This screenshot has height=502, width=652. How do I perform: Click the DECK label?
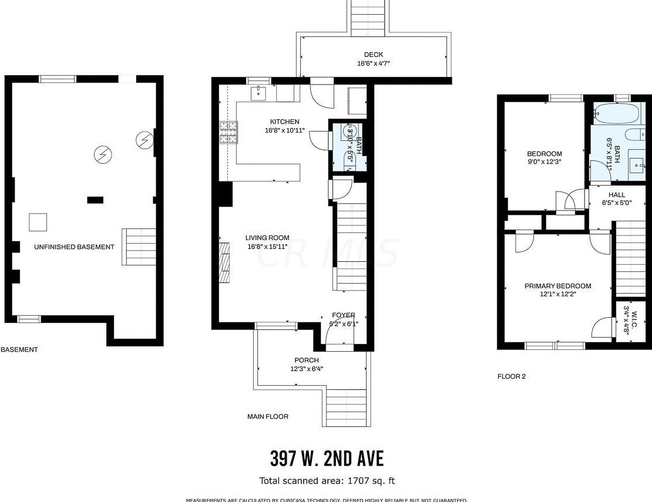(x=374, y=55)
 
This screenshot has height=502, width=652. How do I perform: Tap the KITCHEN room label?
(x=284, y=122)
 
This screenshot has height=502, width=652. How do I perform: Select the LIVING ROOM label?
(x=267, y=238)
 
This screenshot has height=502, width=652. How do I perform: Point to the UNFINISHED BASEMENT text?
(x=74, y=247)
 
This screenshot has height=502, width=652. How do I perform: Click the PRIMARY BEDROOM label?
(x=557, y=286)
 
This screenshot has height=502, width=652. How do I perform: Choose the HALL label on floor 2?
(x=617, y=194)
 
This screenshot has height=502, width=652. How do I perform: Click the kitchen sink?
(x=259, y=92)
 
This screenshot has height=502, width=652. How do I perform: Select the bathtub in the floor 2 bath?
(x=611, y=112)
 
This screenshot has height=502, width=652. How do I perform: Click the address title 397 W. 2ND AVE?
(x=327, y=458)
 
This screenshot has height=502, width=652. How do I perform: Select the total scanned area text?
(x=327, y=481)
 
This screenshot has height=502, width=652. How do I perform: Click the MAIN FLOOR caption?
(x=268, y=416)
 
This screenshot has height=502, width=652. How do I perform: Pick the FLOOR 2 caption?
(x=512, y=376)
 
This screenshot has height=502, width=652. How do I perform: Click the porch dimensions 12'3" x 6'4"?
(x=307, y=369)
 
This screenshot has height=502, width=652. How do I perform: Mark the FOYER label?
(x=343, y=315)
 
